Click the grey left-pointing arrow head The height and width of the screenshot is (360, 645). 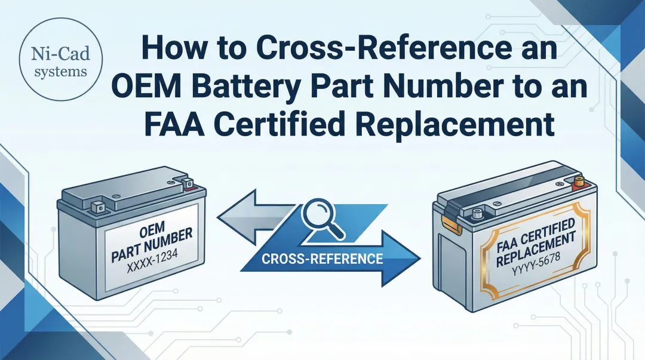coord(233,217)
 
